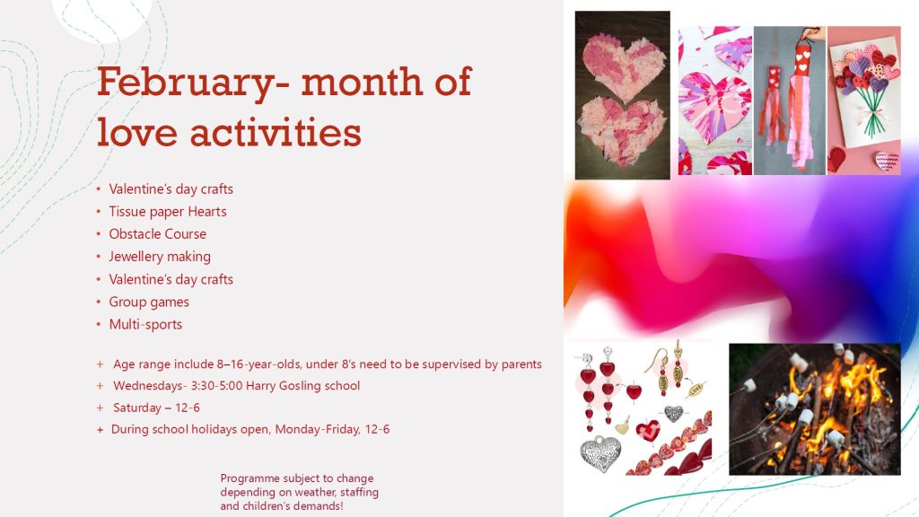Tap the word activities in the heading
click(x=275, y=132)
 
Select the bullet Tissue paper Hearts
click(x=168, y=212)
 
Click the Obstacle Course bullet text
click(x=158, y=234)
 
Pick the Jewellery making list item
click(x=160, y=257)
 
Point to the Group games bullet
click(x=149, y=302)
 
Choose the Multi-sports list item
click(x=145, y=324)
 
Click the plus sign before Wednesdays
click(x=101, y=386)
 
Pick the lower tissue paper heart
click(x=622, y=133)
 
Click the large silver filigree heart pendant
click(x=600, y=452)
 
